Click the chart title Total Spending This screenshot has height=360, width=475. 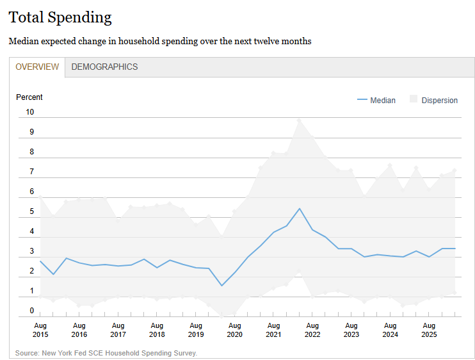60,17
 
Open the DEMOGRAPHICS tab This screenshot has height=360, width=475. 104,67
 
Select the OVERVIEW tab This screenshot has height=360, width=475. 37,67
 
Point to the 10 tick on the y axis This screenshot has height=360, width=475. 29,112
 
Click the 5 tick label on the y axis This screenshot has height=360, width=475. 32,211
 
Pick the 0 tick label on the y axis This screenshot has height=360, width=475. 32,311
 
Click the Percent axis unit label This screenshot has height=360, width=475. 29,97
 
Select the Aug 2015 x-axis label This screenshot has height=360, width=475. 40,330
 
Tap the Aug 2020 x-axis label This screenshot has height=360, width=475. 235,330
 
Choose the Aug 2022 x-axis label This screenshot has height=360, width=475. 312,330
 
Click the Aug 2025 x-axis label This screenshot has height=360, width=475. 429,330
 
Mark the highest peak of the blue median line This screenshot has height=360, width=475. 300,208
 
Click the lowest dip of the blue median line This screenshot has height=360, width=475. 221,286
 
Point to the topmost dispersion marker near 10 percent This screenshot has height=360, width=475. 299,120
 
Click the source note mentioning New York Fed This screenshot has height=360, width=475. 106,353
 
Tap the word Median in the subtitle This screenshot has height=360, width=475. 24,41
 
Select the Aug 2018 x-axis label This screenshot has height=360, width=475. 157,330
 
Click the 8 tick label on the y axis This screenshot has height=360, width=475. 32,152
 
